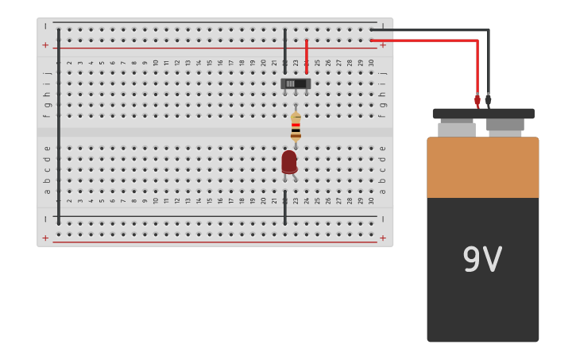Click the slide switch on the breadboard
point(295,83)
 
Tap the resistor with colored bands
point(296,126)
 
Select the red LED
point(289,162)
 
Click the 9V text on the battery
point(482,260)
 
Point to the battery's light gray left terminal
point(457,128)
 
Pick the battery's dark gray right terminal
point(505,125)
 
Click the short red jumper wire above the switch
point(306,56)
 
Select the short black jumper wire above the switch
point(284,51)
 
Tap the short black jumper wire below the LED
point(284,207)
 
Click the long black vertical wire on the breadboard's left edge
point(58,127)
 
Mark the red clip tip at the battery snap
point(477,101)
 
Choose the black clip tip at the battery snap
point(488,99)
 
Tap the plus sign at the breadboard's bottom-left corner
point(45,238)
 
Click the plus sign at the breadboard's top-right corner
point(383,45)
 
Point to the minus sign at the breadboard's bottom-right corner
point(383,219)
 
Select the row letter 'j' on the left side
point(47,73)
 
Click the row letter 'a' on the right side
point(383,191)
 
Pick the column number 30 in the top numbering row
point(371,63)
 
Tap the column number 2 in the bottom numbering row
point(69,201)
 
